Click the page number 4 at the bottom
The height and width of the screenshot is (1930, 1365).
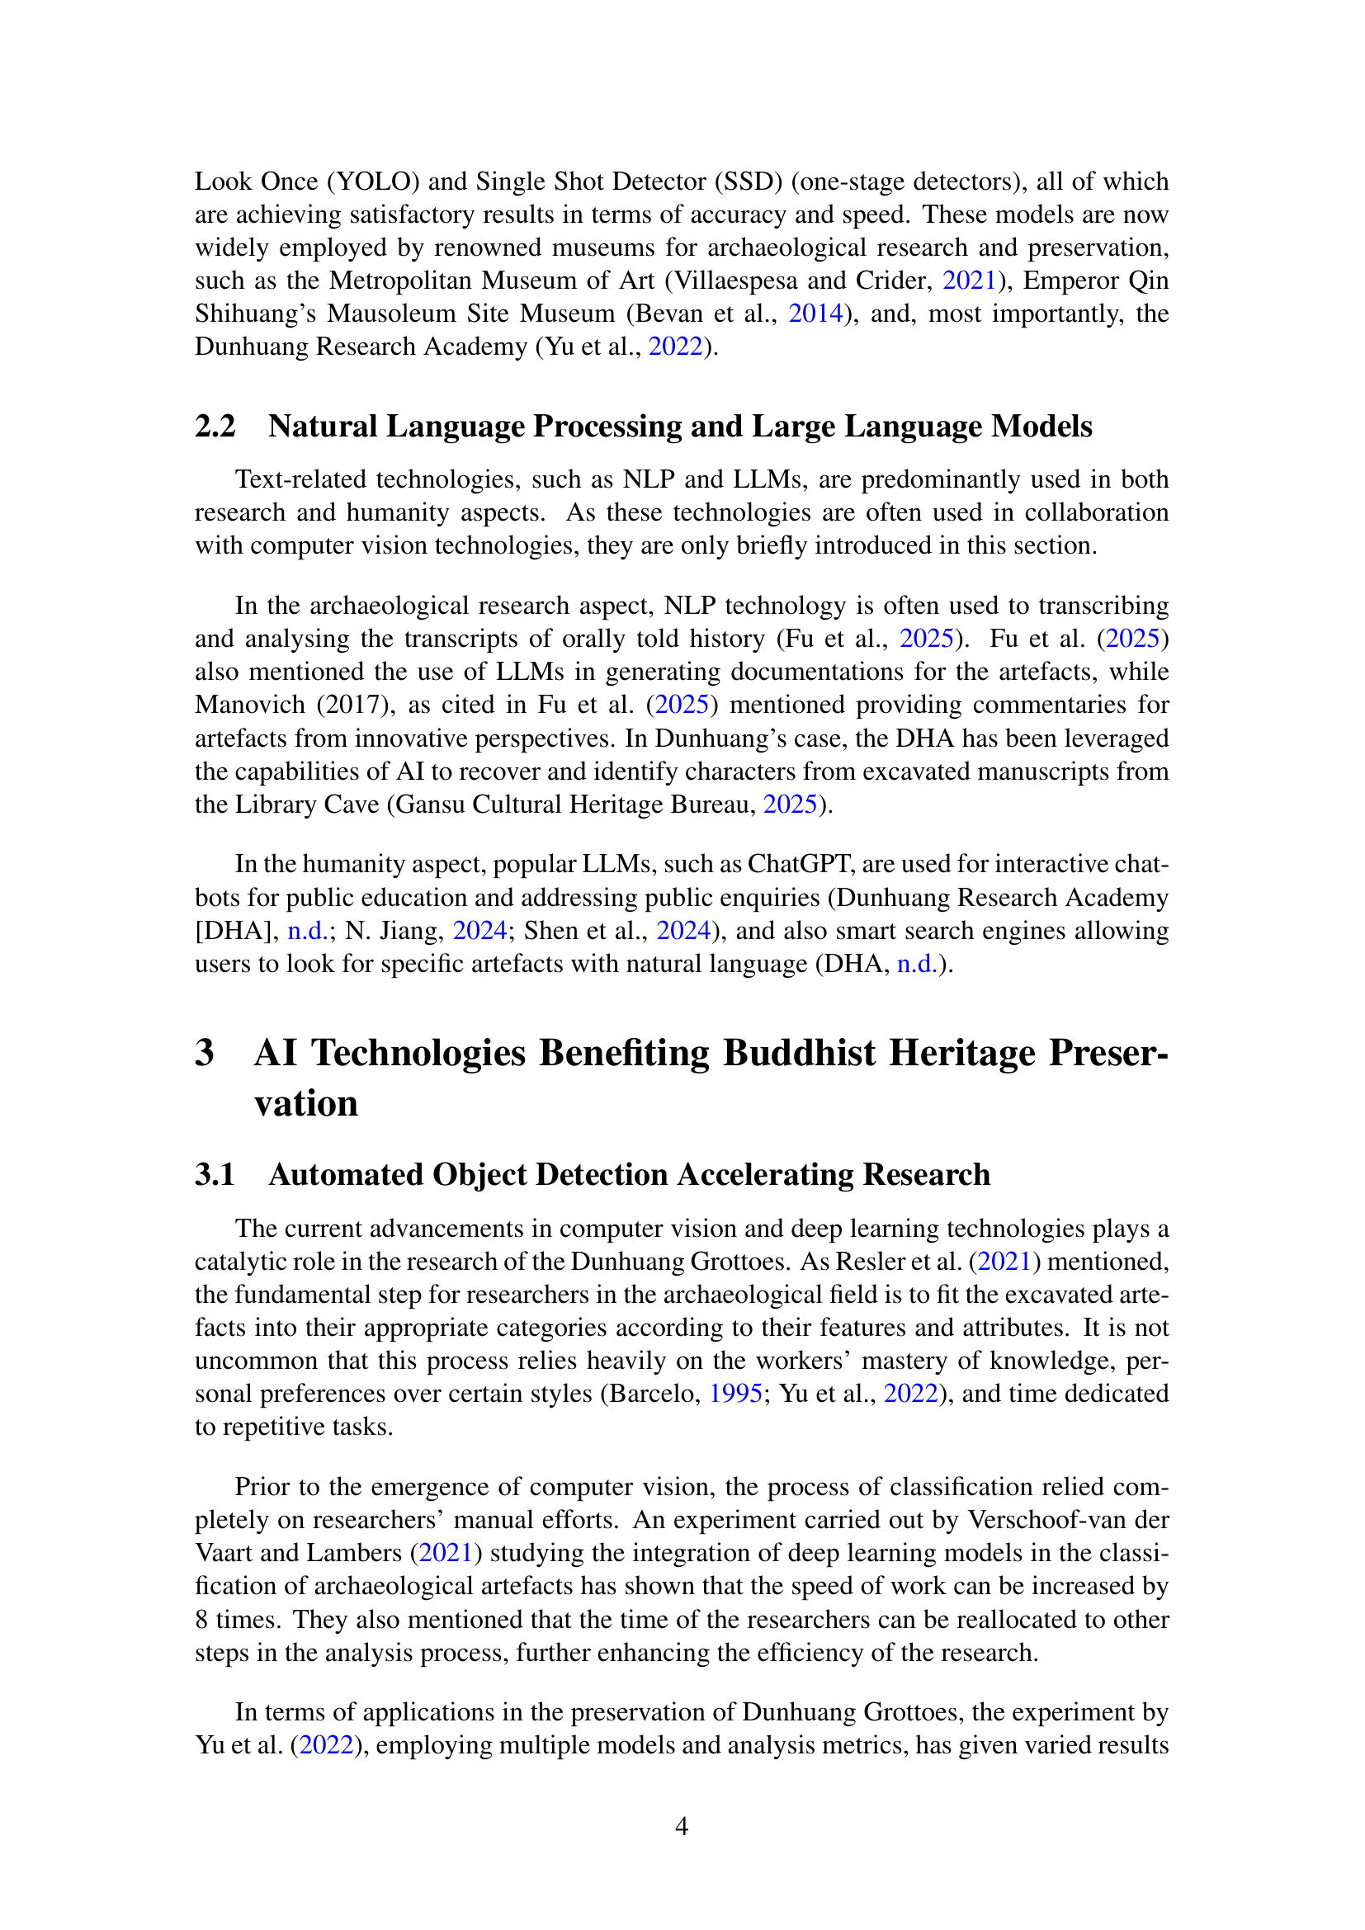(x=682, y=1826)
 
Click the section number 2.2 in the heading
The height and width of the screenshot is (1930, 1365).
(x=215, y=426)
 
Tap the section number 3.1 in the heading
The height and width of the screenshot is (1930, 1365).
(x=215, y=1174)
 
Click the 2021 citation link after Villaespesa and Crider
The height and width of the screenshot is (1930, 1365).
(x=969, y=280)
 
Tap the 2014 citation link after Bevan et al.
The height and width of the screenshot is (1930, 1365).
(x=815, y=313)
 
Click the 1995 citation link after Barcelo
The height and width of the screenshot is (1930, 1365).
(x=735, y=1393)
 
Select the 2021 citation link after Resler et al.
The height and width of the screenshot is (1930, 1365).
(x=1005, y=1261)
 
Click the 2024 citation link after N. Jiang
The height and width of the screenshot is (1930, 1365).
(x=480, y=930)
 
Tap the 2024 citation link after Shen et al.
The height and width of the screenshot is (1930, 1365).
(x=683, y=930)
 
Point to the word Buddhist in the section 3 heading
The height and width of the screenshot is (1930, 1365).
(x=800, y=1052)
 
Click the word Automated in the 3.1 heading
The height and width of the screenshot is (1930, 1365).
(x=347, y=1174)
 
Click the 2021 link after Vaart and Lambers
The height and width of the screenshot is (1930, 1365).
(x=446, y=1552)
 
